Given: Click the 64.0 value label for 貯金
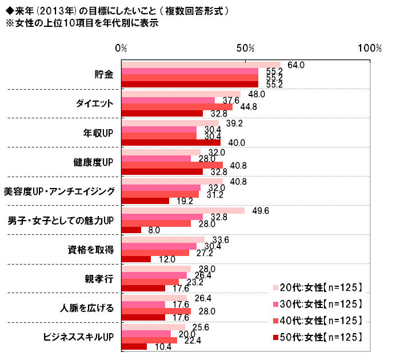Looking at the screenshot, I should point(296,65).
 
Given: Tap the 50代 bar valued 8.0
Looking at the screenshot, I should point(132,230).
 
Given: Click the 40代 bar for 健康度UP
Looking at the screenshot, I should point(173,165).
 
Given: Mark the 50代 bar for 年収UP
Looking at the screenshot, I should point(171,142).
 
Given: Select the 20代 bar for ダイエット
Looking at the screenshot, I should point(181,94).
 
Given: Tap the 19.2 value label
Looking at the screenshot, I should point(183,201).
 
